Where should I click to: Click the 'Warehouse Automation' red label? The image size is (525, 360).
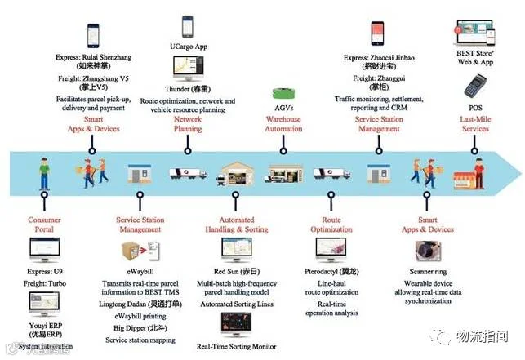pyautogui.click(x=283, y=124)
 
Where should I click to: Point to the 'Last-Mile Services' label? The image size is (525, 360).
pyautogui.click(x=475, y=124)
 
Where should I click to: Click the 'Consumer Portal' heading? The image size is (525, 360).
pyautogui.click(x=44, y=224)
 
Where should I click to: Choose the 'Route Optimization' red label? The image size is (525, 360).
pyautogui.click(x=331, y=224)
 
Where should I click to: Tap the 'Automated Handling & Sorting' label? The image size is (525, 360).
pyautogui.click(x=235, y=224)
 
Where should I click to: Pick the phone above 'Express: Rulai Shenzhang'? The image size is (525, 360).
pyautogui.click(x=92, y=35)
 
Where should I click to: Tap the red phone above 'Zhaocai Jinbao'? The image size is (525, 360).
pyautogui.click(x=377, y=33)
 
